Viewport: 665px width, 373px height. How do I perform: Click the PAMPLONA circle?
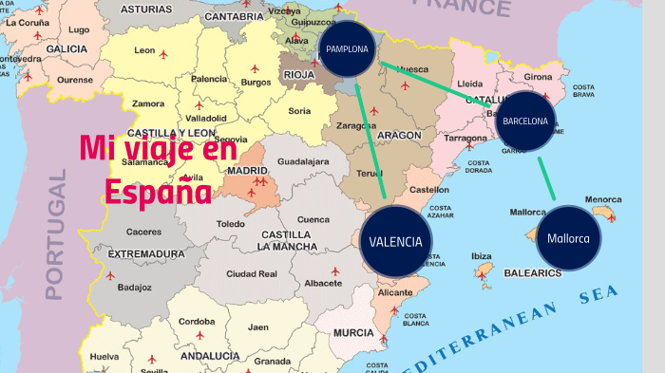pyautogui.click(x=347, y=48)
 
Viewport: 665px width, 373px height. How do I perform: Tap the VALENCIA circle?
pyautogui.click(x=396, y=241)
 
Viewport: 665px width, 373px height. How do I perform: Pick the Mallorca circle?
pyautogui.click(x=568, y=238)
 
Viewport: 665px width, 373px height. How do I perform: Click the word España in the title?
pyautogui.click(x=159, y=191)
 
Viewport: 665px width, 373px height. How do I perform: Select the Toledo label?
pyautogui.click(x=230, y=224)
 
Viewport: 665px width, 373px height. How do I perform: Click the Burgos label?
pyautogui.click(x=256, y=83)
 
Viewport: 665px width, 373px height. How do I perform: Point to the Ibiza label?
pyautogui.click(x=482, y=255)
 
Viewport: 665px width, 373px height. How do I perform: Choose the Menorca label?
pyautogui.click(x=602, y=199)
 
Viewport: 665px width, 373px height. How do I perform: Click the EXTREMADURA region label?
pyautogui.click(x=146, y=254)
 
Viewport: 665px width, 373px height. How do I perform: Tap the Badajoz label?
pyautogui.click(x=135, y=287)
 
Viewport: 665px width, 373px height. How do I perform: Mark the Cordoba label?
pyautogui.click(x=197, y=321)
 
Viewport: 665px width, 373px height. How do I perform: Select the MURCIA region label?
pyautogui.click(x=353, y=333)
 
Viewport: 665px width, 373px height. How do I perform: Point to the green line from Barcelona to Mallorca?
pyautogui.click(x=546, y=178)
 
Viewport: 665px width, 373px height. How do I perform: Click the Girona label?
pyautogui.click(x=538, y=76)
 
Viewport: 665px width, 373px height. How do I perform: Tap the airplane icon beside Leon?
pyautogui.click(x=163, y=55)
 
